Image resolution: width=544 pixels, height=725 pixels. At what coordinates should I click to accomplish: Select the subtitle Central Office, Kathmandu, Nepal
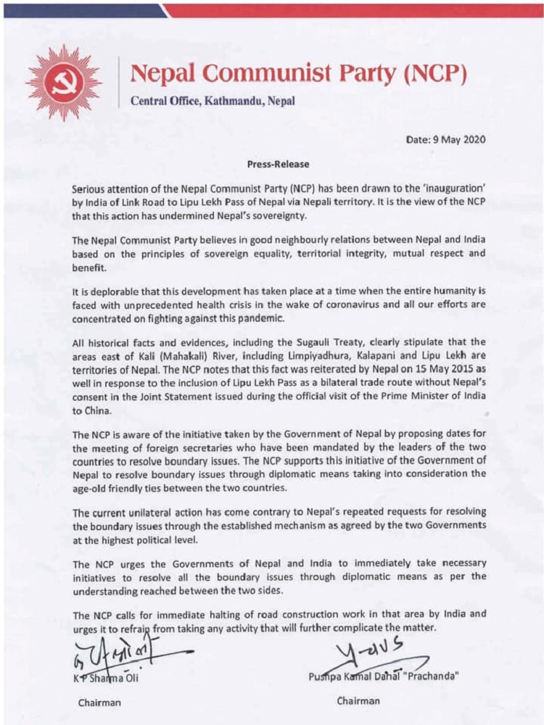point(213,101)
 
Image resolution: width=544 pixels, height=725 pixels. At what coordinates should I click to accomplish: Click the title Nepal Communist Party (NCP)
point(297,73)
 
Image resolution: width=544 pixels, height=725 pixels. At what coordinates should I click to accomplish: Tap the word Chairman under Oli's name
point(99,702)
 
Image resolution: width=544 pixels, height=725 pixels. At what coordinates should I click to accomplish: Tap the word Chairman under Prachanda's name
point(358,701)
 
